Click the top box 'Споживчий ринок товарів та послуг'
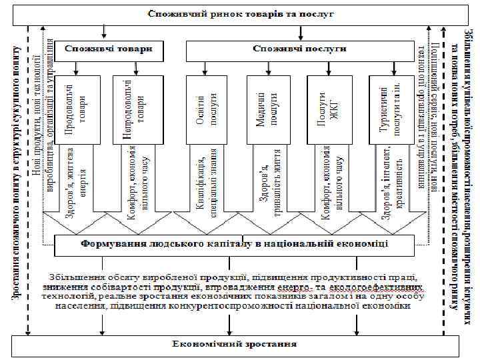(240, 14)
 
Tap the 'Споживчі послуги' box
(299, 49)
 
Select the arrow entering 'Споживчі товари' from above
(104, 32)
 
